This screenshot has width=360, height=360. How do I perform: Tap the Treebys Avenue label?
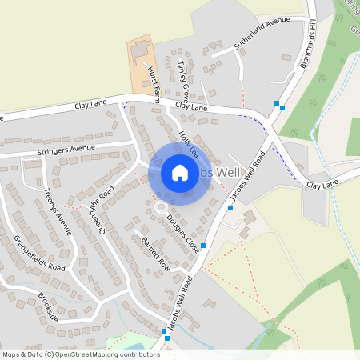click(x=58, y=211)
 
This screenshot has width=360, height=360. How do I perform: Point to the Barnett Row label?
click(x=155, y=251)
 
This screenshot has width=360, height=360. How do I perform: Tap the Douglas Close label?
click(x=183, y=233)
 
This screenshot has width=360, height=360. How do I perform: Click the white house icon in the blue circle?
click(x=180, y=173)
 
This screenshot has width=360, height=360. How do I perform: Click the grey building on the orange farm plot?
click(x=141, y=50)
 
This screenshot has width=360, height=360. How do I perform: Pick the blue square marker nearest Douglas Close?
click(x=203, y=246)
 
